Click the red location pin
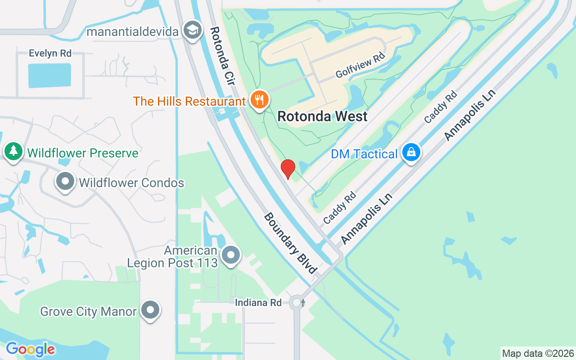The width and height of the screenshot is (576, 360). coord(288,169)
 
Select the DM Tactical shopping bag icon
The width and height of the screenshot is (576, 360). coord(411,153)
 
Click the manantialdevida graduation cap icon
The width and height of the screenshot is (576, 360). coord(193,31)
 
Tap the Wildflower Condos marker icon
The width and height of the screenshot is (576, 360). coord(65,182)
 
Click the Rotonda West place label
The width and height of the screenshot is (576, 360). coord(322,116)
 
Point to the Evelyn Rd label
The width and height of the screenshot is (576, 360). coord(50,53)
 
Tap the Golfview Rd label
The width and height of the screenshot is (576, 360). coord(360,66)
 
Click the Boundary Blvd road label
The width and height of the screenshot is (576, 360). coord(290,243)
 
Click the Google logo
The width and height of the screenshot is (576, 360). coord(30,349)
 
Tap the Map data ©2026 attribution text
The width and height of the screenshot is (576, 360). coord(538,353)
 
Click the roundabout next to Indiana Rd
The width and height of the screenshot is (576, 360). coord(297,302)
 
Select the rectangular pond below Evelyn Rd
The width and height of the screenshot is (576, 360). coord(49,75)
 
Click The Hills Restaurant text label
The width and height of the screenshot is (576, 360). coord(189,101)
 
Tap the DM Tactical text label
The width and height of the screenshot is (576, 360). coord(364,154)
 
